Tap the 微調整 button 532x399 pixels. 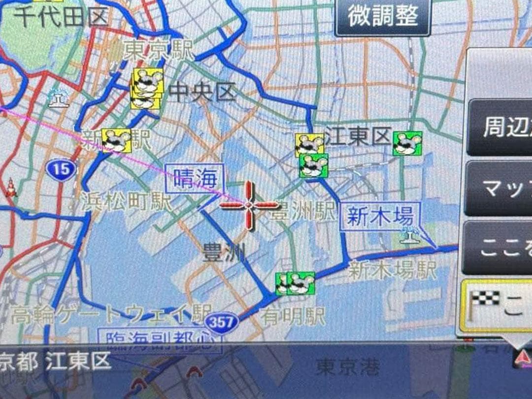(x=383, y=17)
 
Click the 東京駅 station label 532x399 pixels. (x=158, y=51)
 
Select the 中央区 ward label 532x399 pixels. (x=202, y=92)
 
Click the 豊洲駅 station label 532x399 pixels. (x=303, y=213)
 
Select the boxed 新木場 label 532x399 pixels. (x=379, y=216)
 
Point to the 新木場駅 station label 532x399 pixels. (x=392, y=270)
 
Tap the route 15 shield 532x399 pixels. (x=62, y=170)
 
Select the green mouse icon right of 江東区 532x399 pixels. (x=407, y=143)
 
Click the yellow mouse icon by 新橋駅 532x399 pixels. (x=116, y=140)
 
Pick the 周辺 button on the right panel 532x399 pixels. (x=500, y=127)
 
